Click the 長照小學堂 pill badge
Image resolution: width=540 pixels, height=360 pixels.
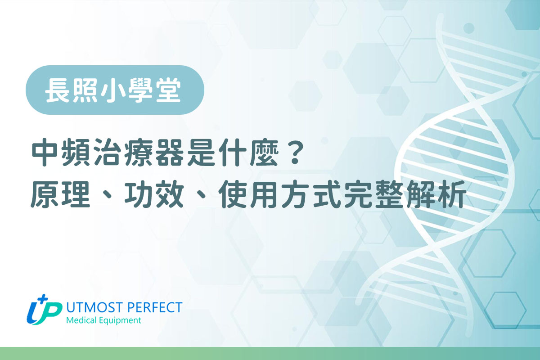[x=115, y=90]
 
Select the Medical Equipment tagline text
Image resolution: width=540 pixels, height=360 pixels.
[x=103, y=321]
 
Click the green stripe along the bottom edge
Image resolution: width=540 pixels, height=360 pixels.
[x=270, y=353]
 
